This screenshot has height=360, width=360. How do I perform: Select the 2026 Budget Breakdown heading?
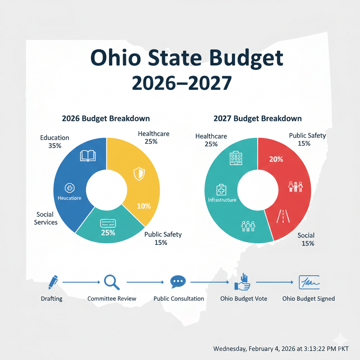(106, 118)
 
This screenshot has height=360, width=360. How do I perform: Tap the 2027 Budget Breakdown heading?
(257, 118)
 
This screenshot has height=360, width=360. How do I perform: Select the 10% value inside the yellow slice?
(144, 206)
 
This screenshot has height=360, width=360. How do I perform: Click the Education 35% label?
(54, 141)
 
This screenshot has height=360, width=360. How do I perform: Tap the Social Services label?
(46, 218)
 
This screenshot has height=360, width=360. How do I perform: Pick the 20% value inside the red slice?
(276, 159)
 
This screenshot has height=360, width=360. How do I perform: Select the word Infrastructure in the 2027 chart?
(222, 200)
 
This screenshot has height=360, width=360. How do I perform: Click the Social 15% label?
(306, 239)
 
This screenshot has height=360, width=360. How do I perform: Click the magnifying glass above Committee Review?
(112, 282)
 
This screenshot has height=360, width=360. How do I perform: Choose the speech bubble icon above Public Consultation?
(178, 282)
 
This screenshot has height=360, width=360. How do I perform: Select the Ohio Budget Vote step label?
(244, 298)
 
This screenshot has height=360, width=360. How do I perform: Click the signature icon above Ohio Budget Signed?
(309, 282)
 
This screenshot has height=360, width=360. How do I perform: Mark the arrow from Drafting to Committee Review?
(81, 282)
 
